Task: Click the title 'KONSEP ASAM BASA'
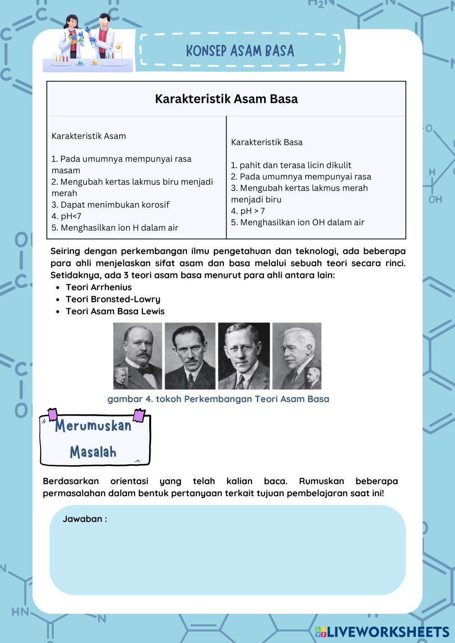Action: (240, 51)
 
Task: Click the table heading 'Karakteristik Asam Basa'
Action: (226, 99)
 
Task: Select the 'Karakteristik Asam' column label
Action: (89, 136)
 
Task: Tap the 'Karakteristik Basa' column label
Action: (267, 142)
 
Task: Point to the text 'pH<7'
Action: (71, 216)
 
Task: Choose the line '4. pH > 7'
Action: (248, 211)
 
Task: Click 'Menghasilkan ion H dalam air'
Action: (119, 228)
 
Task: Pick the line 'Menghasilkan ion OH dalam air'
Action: (302, 222)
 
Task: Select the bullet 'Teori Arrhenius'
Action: (99, 287)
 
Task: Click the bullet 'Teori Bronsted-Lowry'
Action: (113, 299)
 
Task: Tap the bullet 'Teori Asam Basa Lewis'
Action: (115, 311)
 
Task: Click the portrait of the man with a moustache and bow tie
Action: (137, 356)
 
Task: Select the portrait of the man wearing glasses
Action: (244, 356)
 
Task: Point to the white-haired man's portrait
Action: (296, 356)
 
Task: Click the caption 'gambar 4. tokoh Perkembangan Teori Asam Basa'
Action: (218, 399)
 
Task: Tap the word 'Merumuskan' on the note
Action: (93, 426)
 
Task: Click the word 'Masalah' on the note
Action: (93, 452)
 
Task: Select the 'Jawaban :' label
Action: (85, 519)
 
